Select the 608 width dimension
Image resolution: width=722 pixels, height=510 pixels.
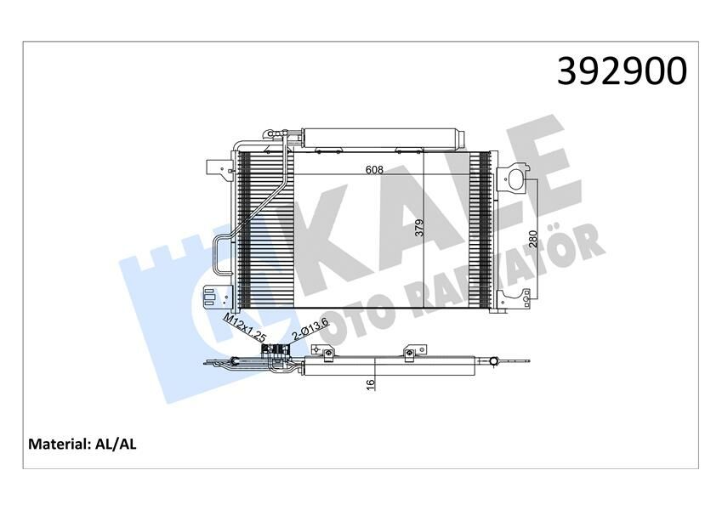pyautogui.click(x=375, y=169)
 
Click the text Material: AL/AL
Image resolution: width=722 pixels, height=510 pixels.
pyautogui.click(x=84, y=444)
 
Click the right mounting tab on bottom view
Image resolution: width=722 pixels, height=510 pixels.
pyautogui.click(x=411, y=352)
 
